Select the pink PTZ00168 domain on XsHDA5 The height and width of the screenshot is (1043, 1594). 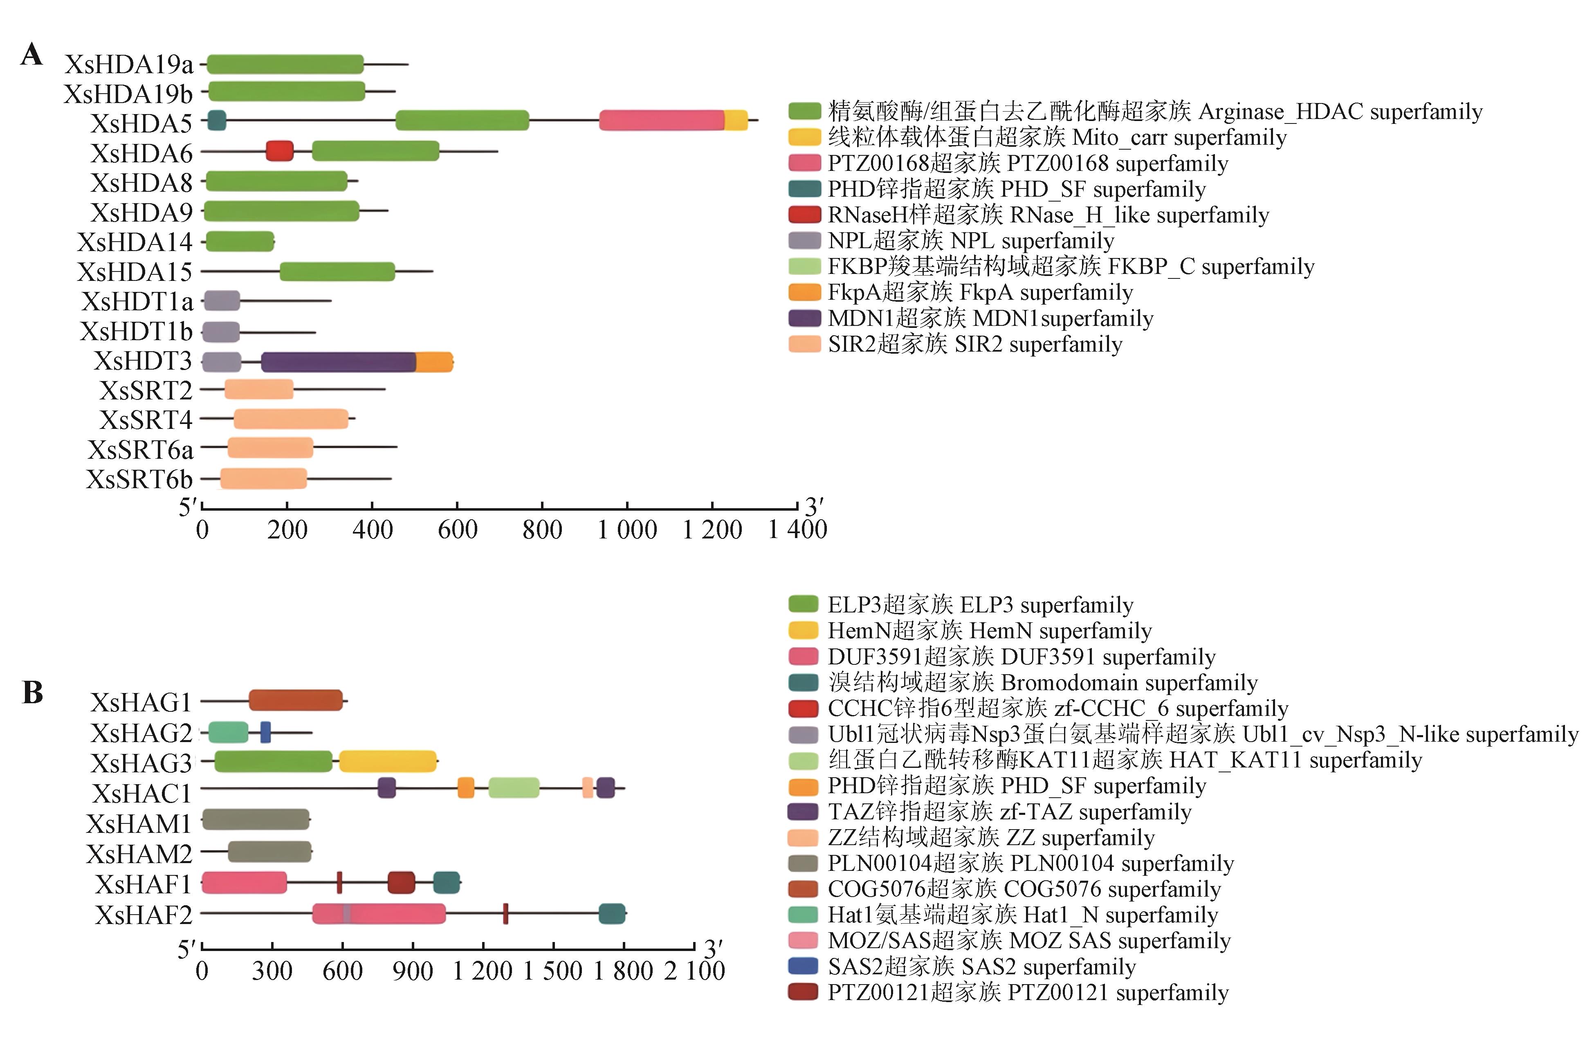[x=661, y=121]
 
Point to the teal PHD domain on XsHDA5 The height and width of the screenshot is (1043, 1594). [x=216, y=121]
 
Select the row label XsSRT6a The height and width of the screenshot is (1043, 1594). [x=140, y=450]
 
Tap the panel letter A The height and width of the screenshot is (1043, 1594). [x=31, y=55]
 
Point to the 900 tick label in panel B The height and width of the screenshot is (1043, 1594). [x=413, y=971]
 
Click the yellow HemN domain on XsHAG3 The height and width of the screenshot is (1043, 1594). [x=388, y=762]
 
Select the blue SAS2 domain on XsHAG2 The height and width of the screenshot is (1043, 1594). [x=265, y=732]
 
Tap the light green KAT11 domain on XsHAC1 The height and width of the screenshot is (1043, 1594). [x=514, y=788]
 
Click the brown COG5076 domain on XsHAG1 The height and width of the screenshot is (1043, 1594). [x=295, y=701]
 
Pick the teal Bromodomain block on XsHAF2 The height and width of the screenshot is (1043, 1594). [x=611, y=914]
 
